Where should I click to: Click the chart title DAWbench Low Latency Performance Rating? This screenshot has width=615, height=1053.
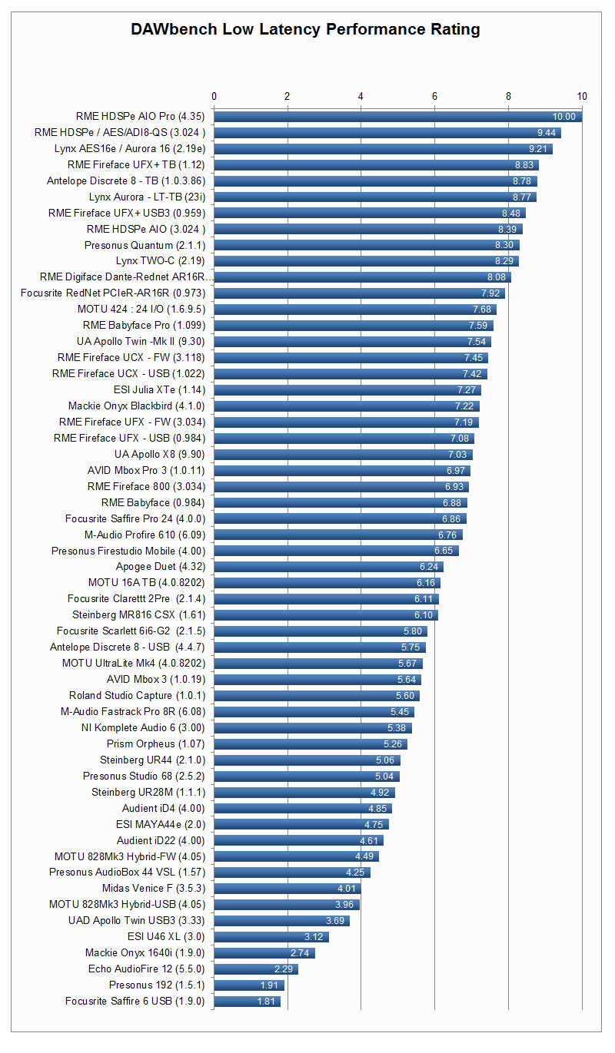pos(305,29)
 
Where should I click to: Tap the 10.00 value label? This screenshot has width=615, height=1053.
pos(563,117)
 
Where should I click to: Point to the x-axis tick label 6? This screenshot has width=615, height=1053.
pos(435,96)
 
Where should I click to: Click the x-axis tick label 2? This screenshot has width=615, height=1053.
pos(288,96)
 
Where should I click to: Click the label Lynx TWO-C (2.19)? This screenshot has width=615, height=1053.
pos(161,261)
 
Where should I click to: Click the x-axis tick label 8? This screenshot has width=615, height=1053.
pos(508,96)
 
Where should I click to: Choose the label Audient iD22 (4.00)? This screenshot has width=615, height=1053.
pos(161,841)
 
